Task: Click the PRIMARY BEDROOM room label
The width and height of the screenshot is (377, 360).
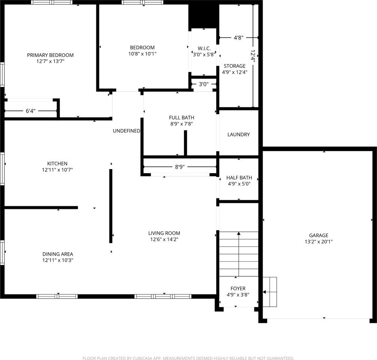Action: click(50, 55)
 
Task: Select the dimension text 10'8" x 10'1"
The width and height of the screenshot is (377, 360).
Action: click(142, 54)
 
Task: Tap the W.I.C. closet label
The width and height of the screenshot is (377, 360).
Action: click(204, 48)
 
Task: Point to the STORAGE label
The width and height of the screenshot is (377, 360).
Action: click(235, 66)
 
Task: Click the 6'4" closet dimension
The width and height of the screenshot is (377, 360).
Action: click(30, 111)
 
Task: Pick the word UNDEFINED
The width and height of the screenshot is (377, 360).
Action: click(127, 131)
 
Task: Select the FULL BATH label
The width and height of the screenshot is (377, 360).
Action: click(181, 118)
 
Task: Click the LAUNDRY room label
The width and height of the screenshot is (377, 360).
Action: click(238, 135)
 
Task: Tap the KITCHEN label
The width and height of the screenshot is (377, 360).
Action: click(57, 163)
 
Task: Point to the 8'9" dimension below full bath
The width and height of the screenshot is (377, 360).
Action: click(180, 167)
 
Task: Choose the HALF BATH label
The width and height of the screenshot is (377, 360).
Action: click(239, 178)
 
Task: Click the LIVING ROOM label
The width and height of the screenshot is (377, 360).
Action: click(164, 233)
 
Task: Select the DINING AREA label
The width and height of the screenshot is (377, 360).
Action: click(57, 254)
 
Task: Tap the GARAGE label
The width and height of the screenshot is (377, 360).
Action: click(319, 235)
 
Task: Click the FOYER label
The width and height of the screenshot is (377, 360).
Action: click(238, 288)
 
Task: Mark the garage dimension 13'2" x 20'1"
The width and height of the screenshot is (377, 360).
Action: click(319, 242)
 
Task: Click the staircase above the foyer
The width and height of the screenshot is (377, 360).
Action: click(239, 254)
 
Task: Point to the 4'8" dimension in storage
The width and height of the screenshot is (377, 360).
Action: click(239, 37)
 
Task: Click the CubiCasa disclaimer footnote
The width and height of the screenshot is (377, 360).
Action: click(188, 358)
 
